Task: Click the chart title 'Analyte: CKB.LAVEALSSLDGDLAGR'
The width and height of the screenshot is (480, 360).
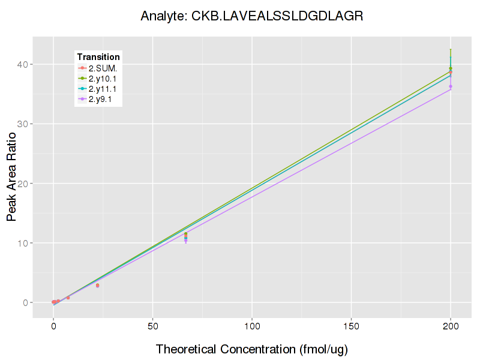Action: click(x=251, y=16)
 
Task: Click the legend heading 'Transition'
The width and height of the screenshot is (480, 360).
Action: click(x=98, y=57)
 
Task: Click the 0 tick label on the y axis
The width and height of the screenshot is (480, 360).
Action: click(x=27, y=302)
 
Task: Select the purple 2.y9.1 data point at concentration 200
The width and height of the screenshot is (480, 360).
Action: click(x=451, y=86)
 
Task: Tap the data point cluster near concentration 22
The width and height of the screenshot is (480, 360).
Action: click(x=97, y=286)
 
